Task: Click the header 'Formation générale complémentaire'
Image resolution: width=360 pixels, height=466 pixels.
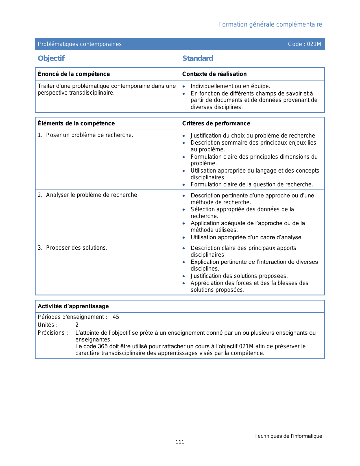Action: (270, 25)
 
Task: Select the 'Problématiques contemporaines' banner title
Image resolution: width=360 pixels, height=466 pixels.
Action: (80, 44)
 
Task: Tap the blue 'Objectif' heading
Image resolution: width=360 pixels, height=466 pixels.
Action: (51, 58)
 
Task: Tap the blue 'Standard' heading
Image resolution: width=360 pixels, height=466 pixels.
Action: (198, 58)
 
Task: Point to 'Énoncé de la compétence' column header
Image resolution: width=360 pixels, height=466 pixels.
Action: (74, 74)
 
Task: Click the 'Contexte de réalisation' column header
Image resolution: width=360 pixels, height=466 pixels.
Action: (214, 74)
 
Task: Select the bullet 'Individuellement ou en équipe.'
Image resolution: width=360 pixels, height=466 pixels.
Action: (230, 86)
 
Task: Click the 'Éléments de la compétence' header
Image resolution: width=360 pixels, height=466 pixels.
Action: (76, 123)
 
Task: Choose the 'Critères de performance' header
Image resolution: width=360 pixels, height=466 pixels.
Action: (216, 123)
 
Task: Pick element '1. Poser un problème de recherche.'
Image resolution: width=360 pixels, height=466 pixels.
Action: (86, 135)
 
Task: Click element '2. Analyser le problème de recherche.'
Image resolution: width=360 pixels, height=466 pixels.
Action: (88, 195)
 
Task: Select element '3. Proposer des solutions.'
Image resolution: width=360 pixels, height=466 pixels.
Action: (73, 248)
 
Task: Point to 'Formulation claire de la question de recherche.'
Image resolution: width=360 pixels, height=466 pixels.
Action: (252, 185)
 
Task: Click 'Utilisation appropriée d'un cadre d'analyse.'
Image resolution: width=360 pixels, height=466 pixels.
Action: (246, 237)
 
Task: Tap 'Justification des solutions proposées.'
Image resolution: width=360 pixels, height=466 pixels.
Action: (239, 276)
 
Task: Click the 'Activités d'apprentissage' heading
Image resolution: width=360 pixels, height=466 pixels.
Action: (73, 306)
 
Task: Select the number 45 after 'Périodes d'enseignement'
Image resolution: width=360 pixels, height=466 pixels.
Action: (116, 317)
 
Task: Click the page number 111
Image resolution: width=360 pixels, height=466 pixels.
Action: (180, 442)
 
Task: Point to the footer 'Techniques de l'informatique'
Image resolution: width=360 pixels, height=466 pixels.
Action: (288, 436)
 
